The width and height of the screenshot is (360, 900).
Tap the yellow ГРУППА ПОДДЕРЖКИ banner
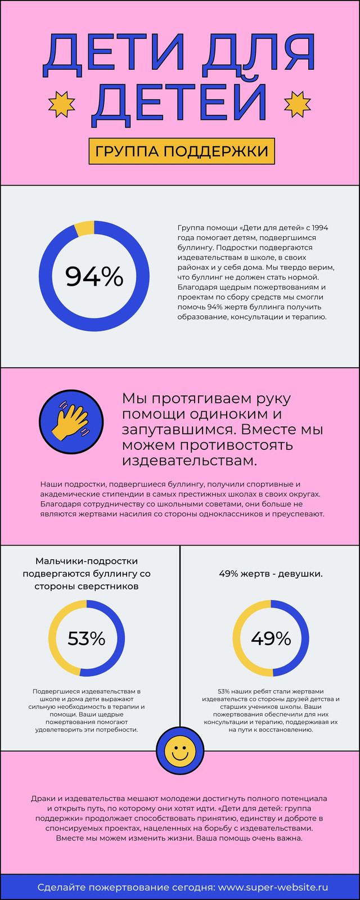click(x=182, y=151)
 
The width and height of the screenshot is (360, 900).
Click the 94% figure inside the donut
click(x=94, y=276)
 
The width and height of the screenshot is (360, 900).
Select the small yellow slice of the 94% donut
click(x=84, y=228)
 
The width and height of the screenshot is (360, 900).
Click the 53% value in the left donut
click(x=87, y=638)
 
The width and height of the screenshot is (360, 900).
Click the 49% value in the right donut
click(x=271, y=638)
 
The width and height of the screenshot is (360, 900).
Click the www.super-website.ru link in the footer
click(x=273, y=887)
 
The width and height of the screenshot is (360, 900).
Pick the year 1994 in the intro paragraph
click(x=320, y=228)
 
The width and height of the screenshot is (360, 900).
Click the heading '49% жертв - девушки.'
click(x=271, y=574)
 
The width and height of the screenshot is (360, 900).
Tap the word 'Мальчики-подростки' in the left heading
click(x=87, y=561)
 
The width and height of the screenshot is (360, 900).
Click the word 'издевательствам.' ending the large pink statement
click(x=190, y=461)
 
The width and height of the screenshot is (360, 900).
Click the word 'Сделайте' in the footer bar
click(x=61, y=887)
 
